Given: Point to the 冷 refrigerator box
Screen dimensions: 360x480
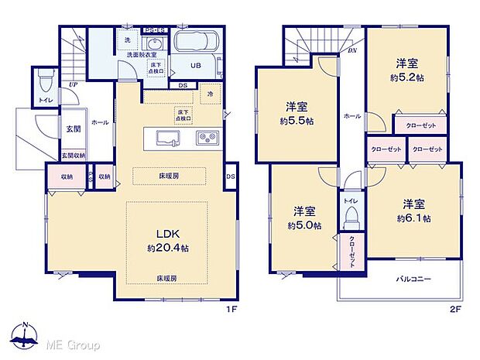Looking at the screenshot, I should pyautogui.click(x=210, y=94).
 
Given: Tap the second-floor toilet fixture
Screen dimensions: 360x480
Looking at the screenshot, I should pyautogui.click(x=351, y=213).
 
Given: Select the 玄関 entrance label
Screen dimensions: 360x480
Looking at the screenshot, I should pyautogui.click(x=74, y=129).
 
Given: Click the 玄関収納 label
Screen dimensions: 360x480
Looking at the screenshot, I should pyautogui.click(x=74, y=155).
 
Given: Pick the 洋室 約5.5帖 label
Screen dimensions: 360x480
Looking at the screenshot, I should pyautogui.click(x=297, y=115).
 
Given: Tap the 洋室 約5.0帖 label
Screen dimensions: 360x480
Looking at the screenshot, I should pyautogui.click(x=304, y=218).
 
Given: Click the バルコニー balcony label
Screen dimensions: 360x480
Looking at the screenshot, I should pyautogui.click(x=415, y=278).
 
